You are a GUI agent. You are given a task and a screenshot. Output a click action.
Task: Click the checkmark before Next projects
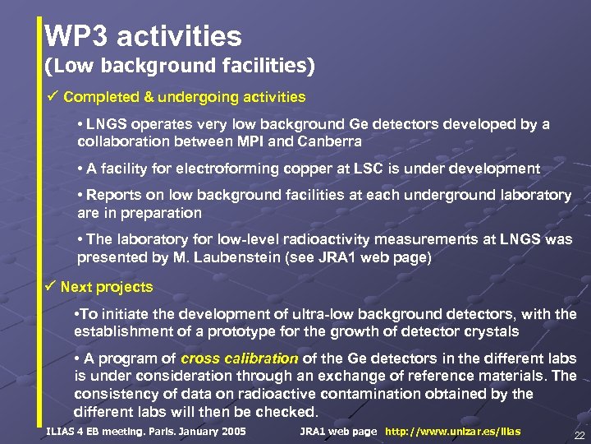51,287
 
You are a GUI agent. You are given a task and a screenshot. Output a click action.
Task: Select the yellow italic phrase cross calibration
239,359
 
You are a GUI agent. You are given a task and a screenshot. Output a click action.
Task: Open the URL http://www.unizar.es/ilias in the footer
453,432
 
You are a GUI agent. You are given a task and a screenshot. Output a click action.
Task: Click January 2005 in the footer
213,432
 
